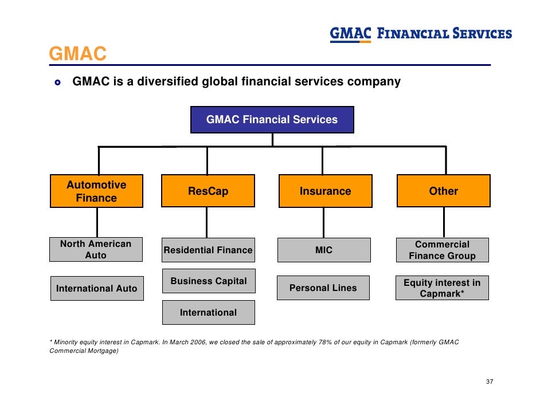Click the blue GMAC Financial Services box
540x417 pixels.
272,120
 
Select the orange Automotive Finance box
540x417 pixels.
96,191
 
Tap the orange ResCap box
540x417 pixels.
208,191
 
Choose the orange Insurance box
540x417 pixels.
325,191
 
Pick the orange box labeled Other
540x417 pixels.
443,191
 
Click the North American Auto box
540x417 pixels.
96,250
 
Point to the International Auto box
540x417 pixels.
96,289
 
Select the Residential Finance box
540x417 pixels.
208,250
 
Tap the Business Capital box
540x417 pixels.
209,281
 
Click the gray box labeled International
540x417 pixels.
208,313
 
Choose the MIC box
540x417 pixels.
323,250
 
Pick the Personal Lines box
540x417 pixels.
323,288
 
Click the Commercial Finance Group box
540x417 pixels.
442,250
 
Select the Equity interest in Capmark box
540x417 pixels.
442,289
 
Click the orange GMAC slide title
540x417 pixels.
78,54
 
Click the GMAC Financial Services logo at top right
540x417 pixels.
421,34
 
